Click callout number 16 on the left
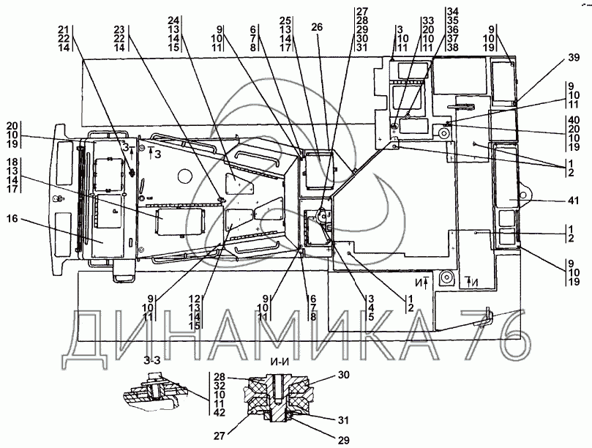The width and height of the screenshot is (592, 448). point(12,218)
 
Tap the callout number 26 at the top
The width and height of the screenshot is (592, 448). point(317,27)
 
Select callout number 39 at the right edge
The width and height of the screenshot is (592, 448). point(574,57)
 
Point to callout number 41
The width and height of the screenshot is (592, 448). point(573,201)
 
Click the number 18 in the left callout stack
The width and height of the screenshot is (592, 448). point(12,162)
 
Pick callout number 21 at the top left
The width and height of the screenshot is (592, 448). point(64,29)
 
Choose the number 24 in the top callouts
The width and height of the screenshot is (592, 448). point(173,20)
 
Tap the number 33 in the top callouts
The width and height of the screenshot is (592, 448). point(428,20)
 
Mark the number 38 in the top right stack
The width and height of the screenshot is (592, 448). point(452,48)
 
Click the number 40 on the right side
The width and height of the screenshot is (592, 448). point(574,120)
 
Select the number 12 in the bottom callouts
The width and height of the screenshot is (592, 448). point(195,299)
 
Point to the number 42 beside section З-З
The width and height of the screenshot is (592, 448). point(219,412)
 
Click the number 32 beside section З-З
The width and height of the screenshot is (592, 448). point(219,386)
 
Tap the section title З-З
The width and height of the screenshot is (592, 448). point(151,360)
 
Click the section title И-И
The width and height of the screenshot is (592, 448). point(280,361)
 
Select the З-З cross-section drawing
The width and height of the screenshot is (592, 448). point(155,392)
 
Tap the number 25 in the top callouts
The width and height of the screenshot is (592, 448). point(285,20)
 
